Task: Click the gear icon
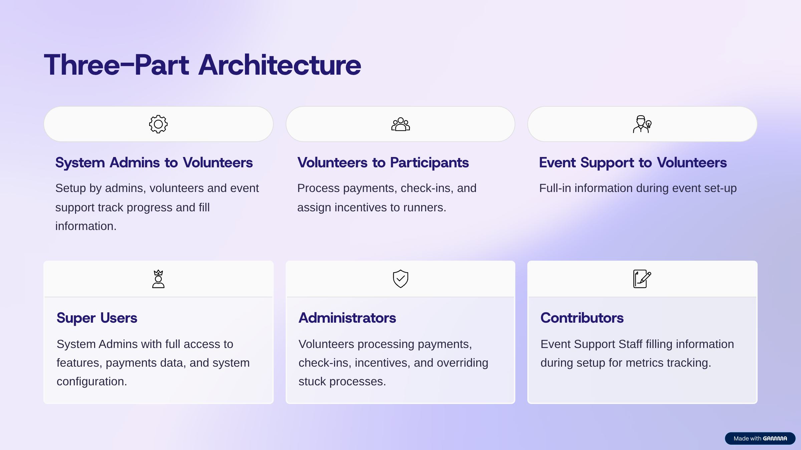pyautogui.click(x=158, y=124)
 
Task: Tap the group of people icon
pyautogui.click(x=400, y=124)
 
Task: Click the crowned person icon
pyautogui.click(x=158, y=279)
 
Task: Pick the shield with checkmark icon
pyautogui.click(x=400, y=279)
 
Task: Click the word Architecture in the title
pyautogui.click(x=280, y=65)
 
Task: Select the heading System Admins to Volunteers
pyautogui.click(x=154, y=163)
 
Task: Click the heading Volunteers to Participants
pyautogui.click(x=383, y=163)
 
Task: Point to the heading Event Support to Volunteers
pyautogui.click(x=633, y=163)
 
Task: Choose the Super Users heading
pyautogui.click(x=97, y=318)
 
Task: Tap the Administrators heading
pyautogui.click(x=347, y=318)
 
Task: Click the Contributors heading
pyautogui.click(x=582, y=318)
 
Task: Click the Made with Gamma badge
pyautogui.click(x=760, y=438)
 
